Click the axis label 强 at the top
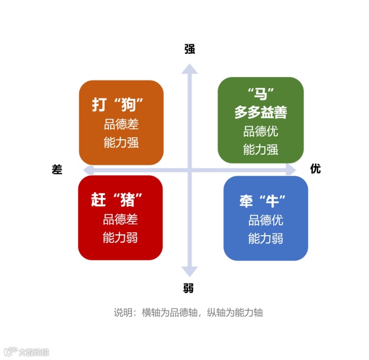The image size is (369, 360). pos(189,49)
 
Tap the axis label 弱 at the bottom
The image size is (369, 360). pos(189,288)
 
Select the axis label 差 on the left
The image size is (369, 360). pos(57,169)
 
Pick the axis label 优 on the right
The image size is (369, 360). pos(316,169)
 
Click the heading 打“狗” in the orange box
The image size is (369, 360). pos(119,105)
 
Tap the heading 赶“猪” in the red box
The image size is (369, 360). pos(118,200)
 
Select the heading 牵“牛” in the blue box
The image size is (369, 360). pos(263,200)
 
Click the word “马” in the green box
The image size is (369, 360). pos(261,94)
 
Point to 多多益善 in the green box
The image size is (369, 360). pos(261,112)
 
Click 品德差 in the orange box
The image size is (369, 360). pos(121,124)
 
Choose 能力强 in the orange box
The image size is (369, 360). pos(121,143)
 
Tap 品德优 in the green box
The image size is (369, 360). pos(261,131)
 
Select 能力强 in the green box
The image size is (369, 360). pos(261,149)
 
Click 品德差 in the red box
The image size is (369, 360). pos(120,219)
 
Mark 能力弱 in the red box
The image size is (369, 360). pos(120,238)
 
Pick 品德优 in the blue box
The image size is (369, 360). pos(266,220)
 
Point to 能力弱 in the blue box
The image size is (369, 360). pos(266,239)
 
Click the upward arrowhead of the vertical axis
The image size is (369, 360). pos(189,69)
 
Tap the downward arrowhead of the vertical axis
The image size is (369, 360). pos(189,271)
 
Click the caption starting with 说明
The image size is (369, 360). pos(188,312)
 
